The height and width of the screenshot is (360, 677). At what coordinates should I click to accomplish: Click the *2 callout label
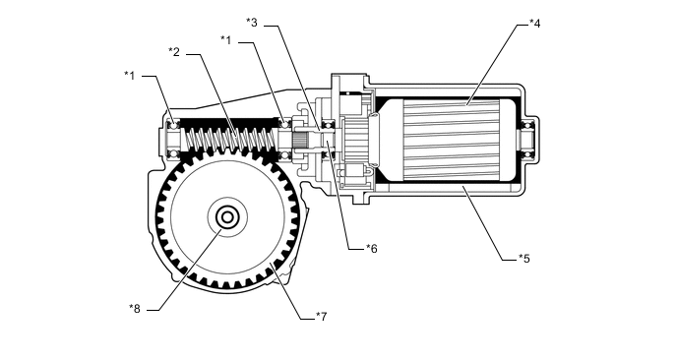pos(174,52)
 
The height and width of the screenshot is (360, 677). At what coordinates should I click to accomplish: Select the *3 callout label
pos(252,22)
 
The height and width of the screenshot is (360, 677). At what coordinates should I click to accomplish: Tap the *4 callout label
pos(535,24)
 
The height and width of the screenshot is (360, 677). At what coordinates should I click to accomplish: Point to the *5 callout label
pos(524,259)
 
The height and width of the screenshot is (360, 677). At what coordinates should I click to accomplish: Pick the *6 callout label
pos(372,249)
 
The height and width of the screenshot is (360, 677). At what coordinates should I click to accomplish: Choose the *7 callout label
pos(321,317)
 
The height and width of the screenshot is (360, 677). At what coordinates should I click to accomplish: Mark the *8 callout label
pos(135,309)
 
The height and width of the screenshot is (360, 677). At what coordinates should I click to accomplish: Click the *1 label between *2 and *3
pos(226,40)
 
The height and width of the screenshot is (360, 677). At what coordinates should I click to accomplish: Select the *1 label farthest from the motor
pos(130,76)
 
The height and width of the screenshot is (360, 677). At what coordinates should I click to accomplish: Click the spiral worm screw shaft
pos(231,139)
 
